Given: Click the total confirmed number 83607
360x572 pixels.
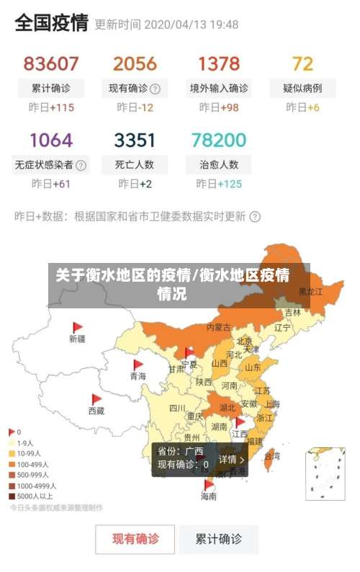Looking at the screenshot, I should coord(51,63).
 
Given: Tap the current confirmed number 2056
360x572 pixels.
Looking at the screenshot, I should coord(135,63).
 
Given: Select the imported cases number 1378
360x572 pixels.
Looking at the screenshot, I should coord(219,63).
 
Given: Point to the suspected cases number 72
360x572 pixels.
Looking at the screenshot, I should coord(302,63).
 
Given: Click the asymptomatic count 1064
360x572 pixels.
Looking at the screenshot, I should coord(51,139).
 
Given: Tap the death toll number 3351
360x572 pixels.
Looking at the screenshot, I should coord(135,139).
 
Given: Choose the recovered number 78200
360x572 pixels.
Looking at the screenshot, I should coord(219,139).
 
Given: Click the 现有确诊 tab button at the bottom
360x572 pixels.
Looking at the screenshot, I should coord(135,539).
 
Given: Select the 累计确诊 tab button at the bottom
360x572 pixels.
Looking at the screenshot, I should coord(219,539).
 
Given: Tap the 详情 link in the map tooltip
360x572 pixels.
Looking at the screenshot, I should coord(232,459).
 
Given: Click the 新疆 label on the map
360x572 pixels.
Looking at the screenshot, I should coord(77,338).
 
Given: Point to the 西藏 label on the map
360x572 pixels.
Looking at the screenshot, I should coord(96,411).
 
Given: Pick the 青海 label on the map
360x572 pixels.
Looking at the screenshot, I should coord(138,376).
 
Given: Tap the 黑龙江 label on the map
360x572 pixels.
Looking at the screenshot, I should coord(311,292).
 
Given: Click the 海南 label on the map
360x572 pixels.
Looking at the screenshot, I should coord(209,496).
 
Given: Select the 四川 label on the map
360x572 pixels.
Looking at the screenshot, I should coord(177,408).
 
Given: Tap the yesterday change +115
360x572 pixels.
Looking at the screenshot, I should coord(51,107).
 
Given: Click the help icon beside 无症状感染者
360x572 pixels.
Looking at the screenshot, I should coord(81,165).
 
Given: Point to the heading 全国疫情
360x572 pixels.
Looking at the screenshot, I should coord(51,24).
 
